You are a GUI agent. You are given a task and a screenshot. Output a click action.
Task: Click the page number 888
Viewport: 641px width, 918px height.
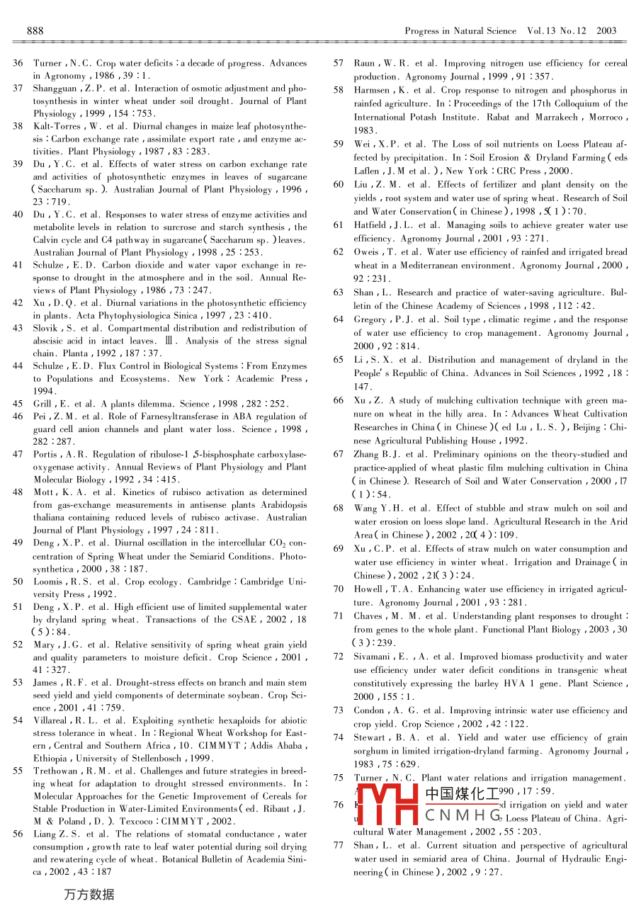pyautogui.click(x=35, y=30)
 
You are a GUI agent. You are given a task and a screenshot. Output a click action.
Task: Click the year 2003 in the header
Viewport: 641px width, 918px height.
pyautogui.click(x=606, y=30)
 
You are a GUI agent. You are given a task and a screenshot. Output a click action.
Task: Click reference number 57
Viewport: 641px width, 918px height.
pyautogui.click(x=339, y=63)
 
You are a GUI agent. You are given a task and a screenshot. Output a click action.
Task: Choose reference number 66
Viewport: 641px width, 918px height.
pyautogui.click(x=339, y=400)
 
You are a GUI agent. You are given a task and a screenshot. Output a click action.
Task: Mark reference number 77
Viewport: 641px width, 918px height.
pyautogui.click(x=339, y=845)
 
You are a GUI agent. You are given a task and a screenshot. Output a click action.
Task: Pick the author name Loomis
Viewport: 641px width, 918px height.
pyautogui.click(x=48, y=582)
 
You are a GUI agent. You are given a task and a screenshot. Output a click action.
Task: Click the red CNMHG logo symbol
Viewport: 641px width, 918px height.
pyautogui.click(x=388, y=804)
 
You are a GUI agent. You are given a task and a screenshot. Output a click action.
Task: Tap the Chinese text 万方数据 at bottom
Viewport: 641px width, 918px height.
pyautogui.click(x=89, y=895)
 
